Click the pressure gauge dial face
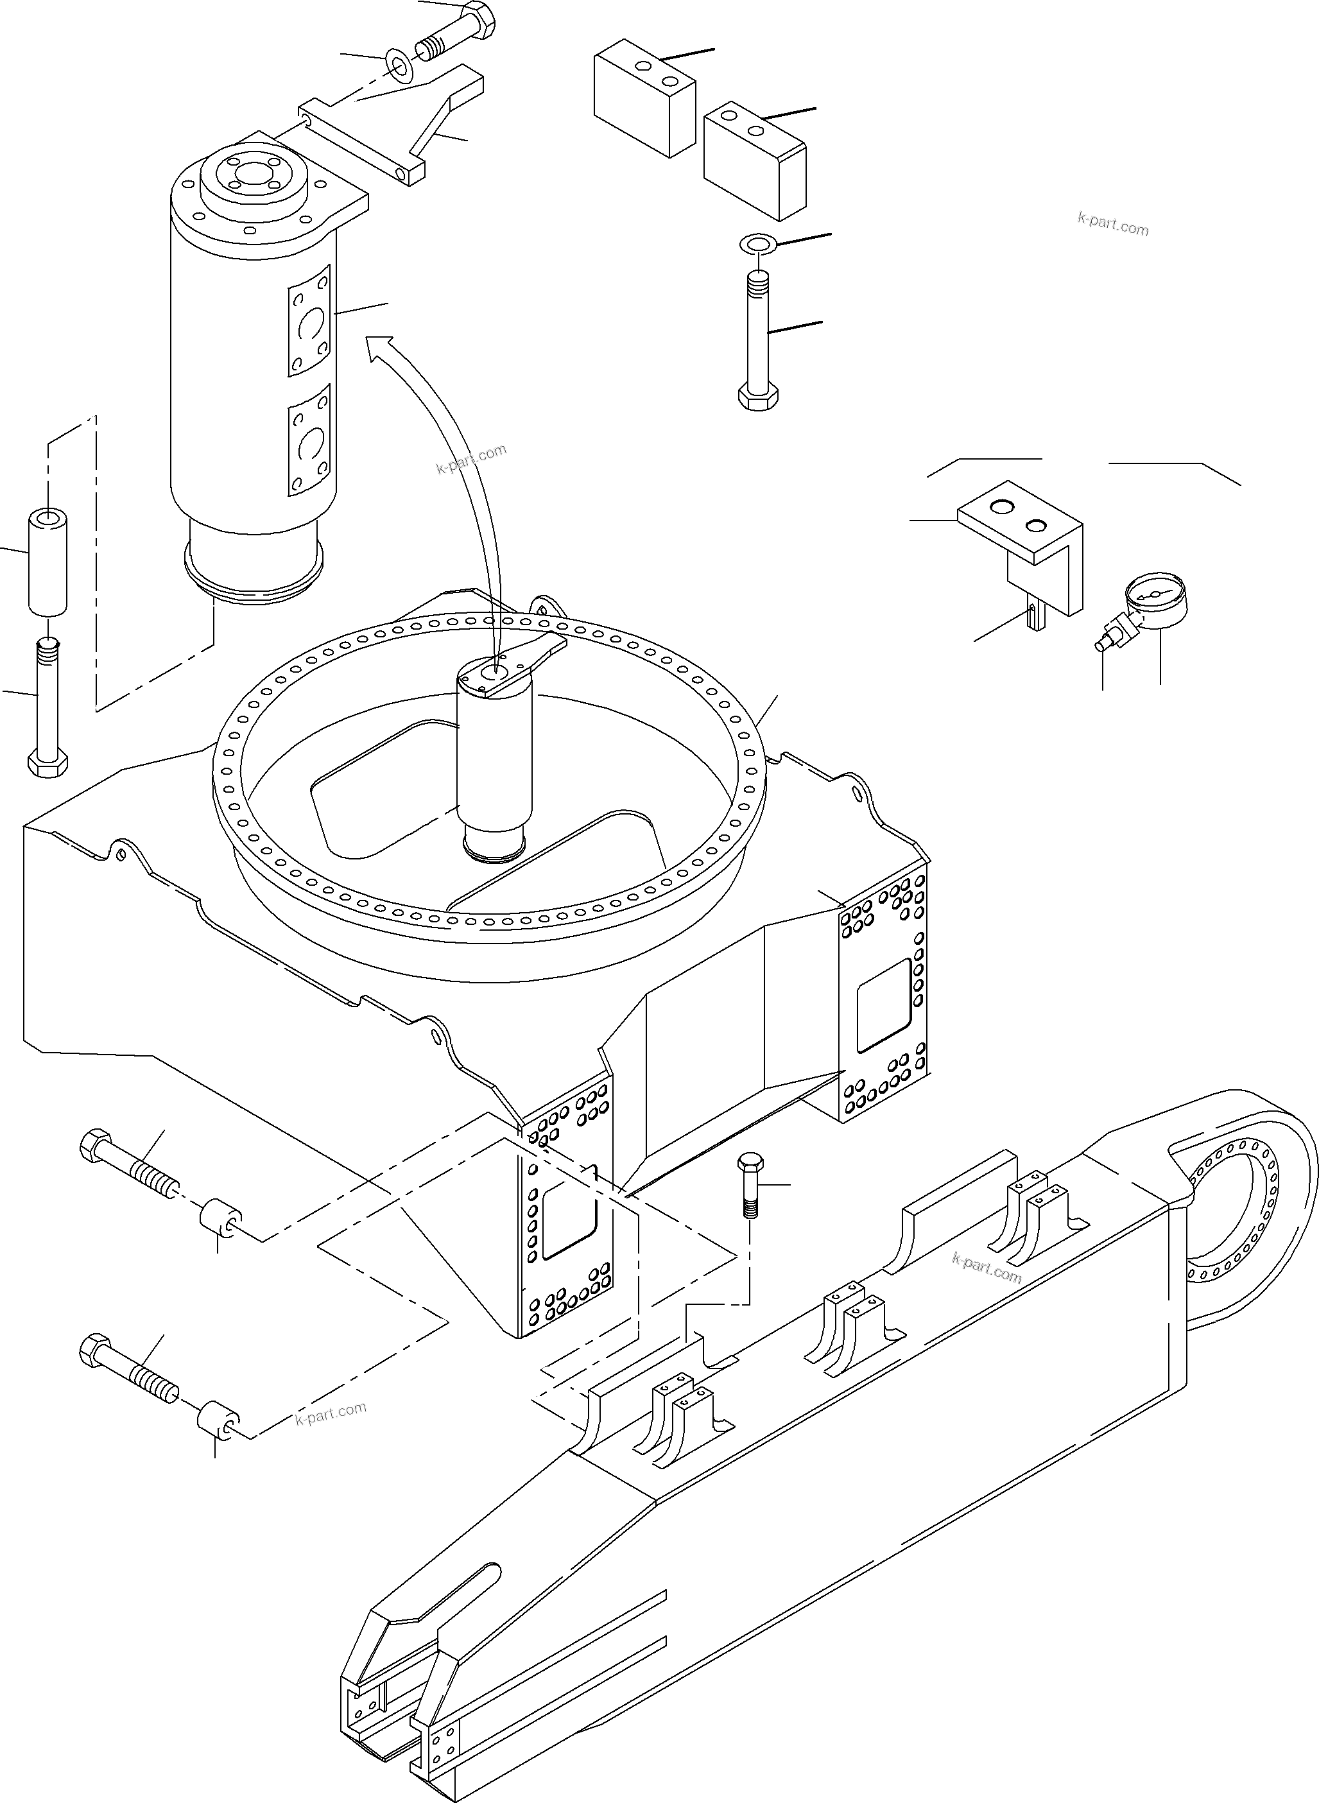point(1155,596)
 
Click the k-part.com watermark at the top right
point(1112,225)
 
